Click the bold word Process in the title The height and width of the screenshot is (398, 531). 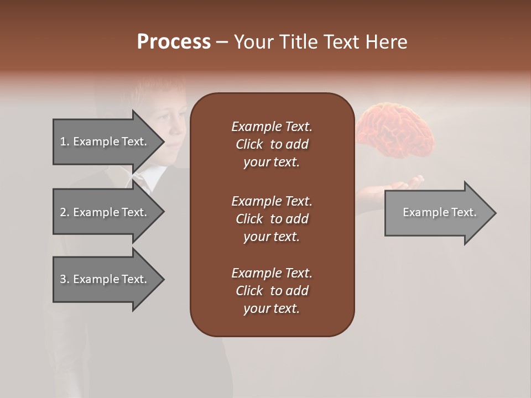(x=174, y=42)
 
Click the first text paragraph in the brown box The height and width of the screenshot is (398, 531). (x=272, y=144)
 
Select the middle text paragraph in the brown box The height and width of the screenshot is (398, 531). (x=272, y=219)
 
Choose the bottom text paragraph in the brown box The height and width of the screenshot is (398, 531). (x=272, y=291)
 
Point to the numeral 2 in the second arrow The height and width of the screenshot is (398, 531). (x=63, y=212)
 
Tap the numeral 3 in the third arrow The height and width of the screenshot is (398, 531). (x=63, y=279)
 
